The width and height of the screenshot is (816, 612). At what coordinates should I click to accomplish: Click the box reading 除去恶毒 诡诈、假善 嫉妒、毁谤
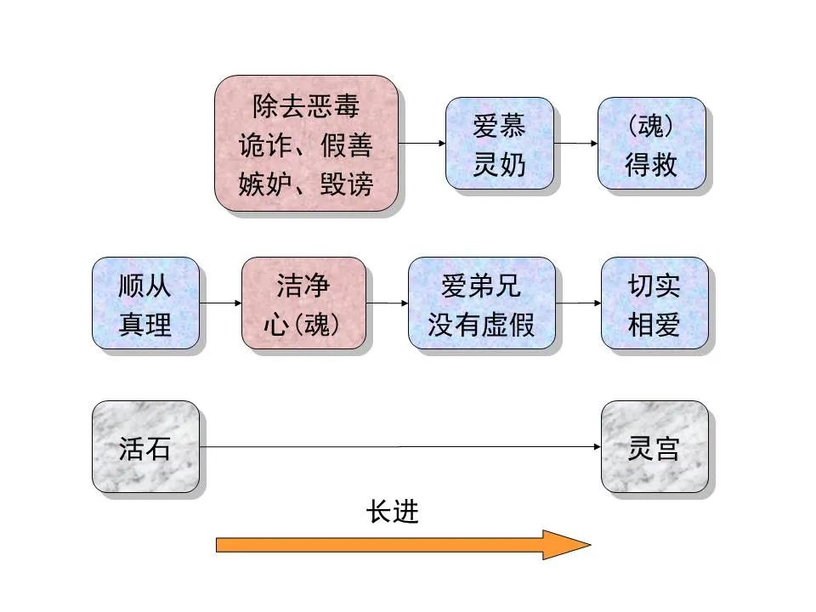[306, 143]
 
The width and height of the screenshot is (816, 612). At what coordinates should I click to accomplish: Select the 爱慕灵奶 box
[500, 143]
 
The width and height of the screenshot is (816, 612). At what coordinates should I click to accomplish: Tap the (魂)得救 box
[651, 143]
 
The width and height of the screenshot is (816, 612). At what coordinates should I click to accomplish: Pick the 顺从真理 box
[145, 303]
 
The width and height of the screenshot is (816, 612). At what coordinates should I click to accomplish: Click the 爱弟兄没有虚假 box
[481, 303]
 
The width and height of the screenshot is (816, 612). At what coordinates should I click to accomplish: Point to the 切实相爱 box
[654, 303]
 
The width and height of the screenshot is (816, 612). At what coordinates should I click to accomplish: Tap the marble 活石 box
[145, 447]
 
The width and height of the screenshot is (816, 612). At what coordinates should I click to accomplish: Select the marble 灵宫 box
[654, 447]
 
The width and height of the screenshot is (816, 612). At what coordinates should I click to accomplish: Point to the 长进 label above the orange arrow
[393, 512]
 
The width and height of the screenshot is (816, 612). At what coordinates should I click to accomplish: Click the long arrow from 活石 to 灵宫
[399, 447]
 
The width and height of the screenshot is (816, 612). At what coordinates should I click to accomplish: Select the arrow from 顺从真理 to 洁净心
[220, 303]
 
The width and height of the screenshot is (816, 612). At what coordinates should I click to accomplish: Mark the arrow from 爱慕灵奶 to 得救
[575, 143]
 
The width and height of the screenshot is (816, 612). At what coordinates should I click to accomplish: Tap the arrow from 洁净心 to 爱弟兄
[390, 303]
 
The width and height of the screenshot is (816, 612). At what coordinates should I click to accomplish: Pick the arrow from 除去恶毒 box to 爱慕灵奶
[422, 143]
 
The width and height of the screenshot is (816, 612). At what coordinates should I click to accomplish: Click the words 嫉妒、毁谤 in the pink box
[306, 183]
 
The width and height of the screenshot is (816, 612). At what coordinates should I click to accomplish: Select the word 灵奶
[500, 164]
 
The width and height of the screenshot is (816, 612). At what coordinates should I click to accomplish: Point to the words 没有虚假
[481, 325]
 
